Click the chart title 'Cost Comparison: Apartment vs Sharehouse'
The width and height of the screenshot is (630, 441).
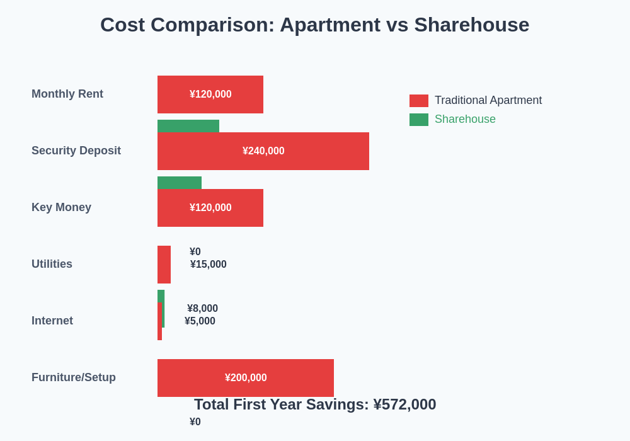click(x=314, y=25)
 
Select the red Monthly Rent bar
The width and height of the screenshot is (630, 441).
click(x=210, y=94)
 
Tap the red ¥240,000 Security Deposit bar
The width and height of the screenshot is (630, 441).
click(x=263, y=151)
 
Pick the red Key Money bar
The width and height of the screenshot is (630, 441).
click(x=210, y=208)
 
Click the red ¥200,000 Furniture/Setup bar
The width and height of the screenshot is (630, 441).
click(x=246, y=378)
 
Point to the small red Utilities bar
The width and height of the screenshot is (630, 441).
click(x=164, y=265)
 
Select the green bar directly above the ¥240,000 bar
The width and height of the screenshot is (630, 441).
click(x=188, y=126)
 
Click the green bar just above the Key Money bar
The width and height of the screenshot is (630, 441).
click(x=180, y=183)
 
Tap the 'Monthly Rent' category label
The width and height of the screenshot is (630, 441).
click(x=67, y=94)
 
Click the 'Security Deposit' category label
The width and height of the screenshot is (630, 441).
click(x=76, y=151)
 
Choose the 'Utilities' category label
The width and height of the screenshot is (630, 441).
click(x=52, y=264)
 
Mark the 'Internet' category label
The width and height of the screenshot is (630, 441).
click(x=52, y=321)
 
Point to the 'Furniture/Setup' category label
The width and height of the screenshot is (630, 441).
click(x=74, y=377)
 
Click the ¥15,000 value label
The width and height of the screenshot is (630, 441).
click(x=209, y=265)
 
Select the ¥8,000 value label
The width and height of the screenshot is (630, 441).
click(x=202, y=309)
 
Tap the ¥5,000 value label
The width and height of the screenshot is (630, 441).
click(x=200, y=321)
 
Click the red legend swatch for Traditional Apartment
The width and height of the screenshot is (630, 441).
click(x=419, y=101)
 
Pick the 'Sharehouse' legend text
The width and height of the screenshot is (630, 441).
click(x=465, y=119)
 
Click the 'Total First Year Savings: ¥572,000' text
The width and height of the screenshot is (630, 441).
click(x=315, y=404)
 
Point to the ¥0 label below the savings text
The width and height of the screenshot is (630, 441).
click(x=195, y=422)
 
